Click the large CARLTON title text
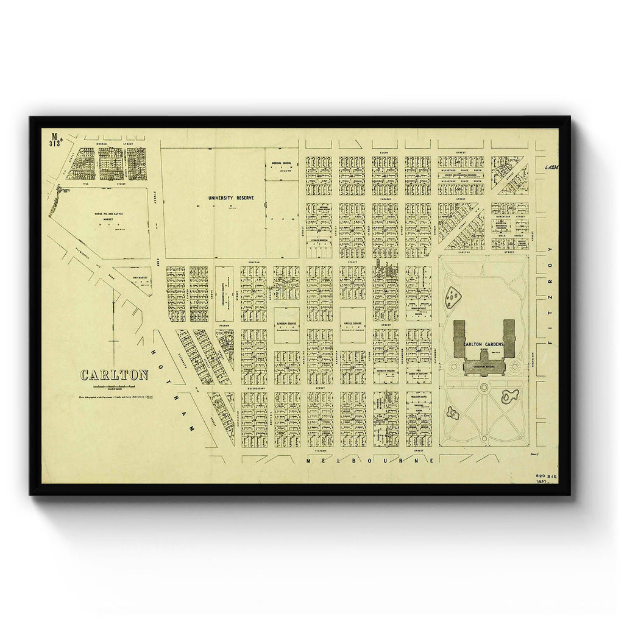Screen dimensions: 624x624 coord(115,375)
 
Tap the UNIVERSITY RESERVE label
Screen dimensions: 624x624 coord(230,198)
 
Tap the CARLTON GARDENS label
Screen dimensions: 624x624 coord(483,345)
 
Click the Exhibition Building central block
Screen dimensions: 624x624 coord(484,364)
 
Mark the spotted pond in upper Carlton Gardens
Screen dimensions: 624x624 coord(453,297)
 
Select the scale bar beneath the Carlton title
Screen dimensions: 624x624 coord(114,387)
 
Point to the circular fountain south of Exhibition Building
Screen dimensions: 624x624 coord(484,387)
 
